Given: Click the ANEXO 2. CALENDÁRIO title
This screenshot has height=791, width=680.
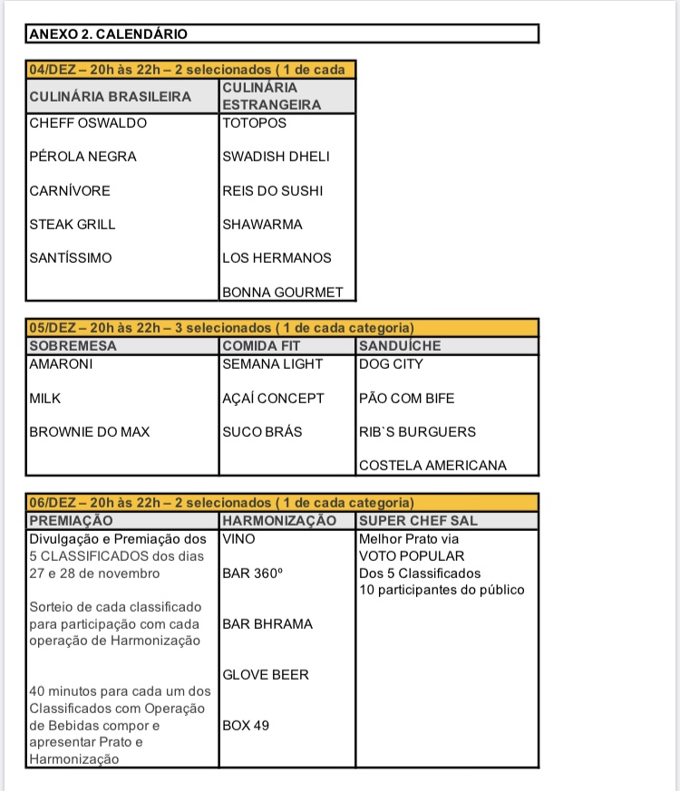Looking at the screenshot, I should tap(108, 34).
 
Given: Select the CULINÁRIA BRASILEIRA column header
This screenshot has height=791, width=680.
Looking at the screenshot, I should tap(111, 96).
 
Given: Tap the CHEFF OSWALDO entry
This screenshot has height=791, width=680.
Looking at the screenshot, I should tap(88, 123).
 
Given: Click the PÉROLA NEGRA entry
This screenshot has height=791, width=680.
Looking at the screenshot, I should tap(83, 157).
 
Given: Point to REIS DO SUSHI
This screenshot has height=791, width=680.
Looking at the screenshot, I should tap(272, 191).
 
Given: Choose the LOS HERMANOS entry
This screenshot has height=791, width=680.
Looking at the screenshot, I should tap(277, 258).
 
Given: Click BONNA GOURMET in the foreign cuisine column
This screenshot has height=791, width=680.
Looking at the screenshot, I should tap(283, 293).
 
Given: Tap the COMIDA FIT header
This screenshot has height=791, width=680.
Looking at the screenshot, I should tap(261, 346).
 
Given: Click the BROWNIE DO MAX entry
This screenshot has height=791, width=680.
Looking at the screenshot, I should tap(90, 432).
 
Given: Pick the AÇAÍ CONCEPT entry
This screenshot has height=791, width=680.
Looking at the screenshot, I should tap(273, 399).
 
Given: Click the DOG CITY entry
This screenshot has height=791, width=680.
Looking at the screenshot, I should tap(391, 364).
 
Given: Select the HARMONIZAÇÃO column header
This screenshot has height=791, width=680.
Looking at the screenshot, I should tap(279, 521).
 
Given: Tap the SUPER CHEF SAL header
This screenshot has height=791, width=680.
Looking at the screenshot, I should tap(418, 521).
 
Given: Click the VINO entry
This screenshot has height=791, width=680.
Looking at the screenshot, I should tap(238, 538).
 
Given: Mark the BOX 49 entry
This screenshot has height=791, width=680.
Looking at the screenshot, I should tap(246, 726).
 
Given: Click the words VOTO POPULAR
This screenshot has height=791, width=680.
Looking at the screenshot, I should tap(412, 556).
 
